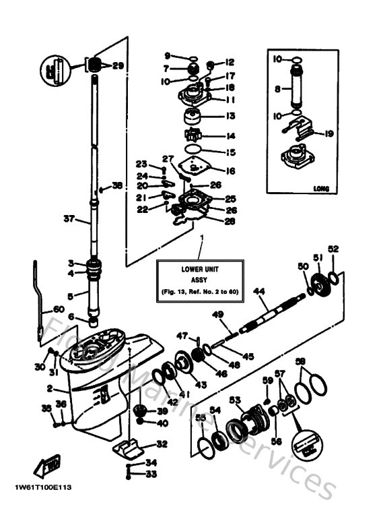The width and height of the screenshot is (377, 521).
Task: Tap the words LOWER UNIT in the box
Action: pyautogui.click(x=181, y=269)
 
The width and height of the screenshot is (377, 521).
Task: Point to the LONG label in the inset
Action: pyautogui.click(x=321, y=189)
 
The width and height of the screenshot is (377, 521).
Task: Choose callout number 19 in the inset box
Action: pyautogui.click(x=329, y=133)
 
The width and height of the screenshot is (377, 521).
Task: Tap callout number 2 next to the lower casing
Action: pyautogui.click(x=50, y=389)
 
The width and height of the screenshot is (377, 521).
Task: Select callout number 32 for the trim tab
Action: pyautogui.click(x=161, y=444)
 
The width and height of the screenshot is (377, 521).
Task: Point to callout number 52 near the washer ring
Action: pyautogui.click(x=333, y=249)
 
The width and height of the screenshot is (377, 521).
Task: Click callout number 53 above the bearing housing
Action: pyautogui.click(x=235, y=400)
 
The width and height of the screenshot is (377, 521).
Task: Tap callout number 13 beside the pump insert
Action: pyautogui.click(x=230, y=116)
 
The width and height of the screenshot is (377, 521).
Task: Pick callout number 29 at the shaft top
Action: pyautogui.click(x=118, y=65)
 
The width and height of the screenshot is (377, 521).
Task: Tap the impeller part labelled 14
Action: pyautogui.click(x=194, y=134)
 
